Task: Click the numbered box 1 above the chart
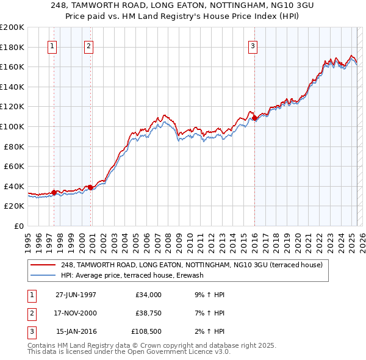pos(52,46)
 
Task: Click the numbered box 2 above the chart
pos(88,46)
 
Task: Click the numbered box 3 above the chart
pos(253,46)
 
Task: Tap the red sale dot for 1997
pos(54,192)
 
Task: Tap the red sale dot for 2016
pos(254,118)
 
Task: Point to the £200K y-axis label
pos(12,27)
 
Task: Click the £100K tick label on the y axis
pos(12,126)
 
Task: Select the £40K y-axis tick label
pos(14,186)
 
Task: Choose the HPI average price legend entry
pos(131,275)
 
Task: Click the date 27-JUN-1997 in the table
pos(76,295)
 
